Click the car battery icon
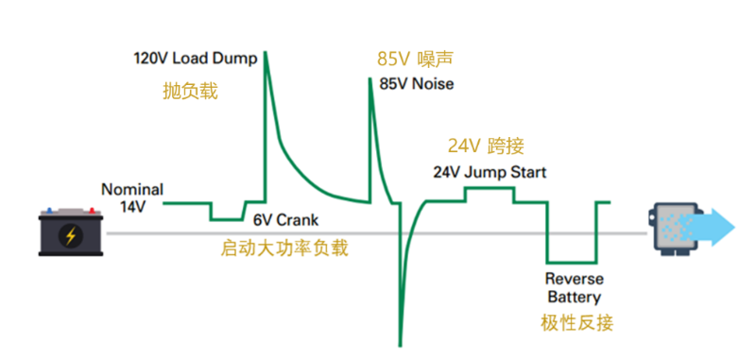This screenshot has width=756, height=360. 70,232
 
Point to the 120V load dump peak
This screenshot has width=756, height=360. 265,53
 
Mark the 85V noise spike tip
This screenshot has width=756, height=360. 370,78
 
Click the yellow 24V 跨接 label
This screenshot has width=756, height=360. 486,146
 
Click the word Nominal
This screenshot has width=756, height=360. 131,189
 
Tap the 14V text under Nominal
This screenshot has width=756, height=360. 132,204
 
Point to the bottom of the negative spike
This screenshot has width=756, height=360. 400,343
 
